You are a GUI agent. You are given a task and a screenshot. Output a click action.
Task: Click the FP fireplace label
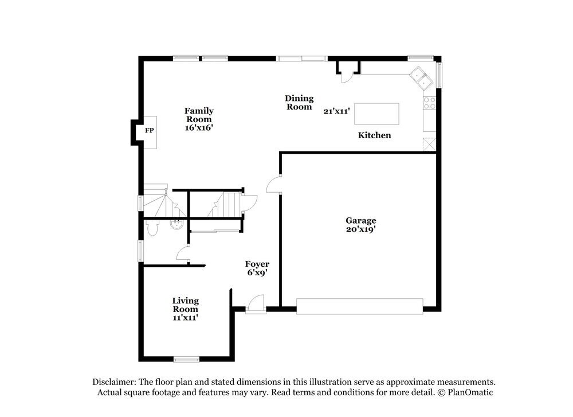point(149,131)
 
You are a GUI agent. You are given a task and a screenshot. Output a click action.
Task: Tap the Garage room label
point(360,220)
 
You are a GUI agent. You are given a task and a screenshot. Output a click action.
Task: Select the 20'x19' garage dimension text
point(360,229)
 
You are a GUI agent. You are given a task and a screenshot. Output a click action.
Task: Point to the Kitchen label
point(374,135)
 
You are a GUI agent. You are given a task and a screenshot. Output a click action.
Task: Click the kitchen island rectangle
point(376,114)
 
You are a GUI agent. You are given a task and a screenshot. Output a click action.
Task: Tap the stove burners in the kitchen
point(429,103)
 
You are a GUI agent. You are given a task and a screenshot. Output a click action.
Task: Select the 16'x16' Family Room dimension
point(199,128)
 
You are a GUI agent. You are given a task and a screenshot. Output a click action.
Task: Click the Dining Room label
point(299,103)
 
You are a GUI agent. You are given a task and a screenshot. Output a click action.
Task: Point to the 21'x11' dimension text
point(336,111)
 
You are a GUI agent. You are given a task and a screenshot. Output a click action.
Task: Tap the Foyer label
point(257,264)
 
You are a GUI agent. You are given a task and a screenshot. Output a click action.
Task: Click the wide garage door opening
point(359,306)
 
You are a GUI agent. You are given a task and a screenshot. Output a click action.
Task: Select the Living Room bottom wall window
point(186,360)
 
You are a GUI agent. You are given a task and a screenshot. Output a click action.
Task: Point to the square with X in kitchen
point(429,145)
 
